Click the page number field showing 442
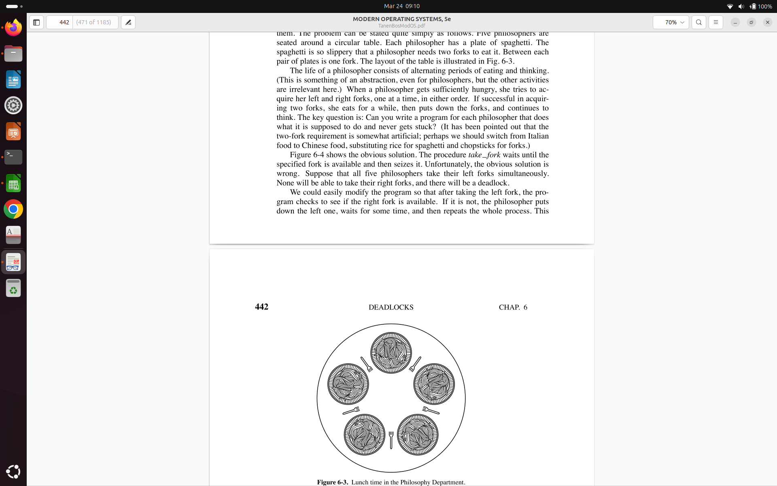point(60,22)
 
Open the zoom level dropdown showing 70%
point(671,22)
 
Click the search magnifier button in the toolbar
point(699,22)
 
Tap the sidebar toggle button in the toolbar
point(36,22)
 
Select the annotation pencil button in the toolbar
point(128,22)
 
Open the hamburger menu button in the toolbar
point(716,22)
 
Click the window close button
point(767,22)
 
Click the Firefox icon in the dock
point(13,28)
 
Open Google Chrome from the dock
point(13,209)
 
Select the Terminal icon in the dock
point(13,157)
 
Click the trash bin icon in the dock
point(13,288)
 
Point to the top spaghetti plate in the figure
point(391,353)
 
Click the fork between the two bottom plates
point(391,439)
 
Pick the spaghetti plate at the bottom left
point(364,435)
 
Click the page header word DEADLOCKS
point(391,307)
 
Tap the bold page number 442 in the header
point(261,307)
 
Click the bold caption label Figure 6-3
point(332,482)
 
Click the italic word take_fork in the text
point(484,155)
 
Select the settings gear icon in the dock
point(13,105)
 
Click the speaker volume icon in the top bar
point(741,6)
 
